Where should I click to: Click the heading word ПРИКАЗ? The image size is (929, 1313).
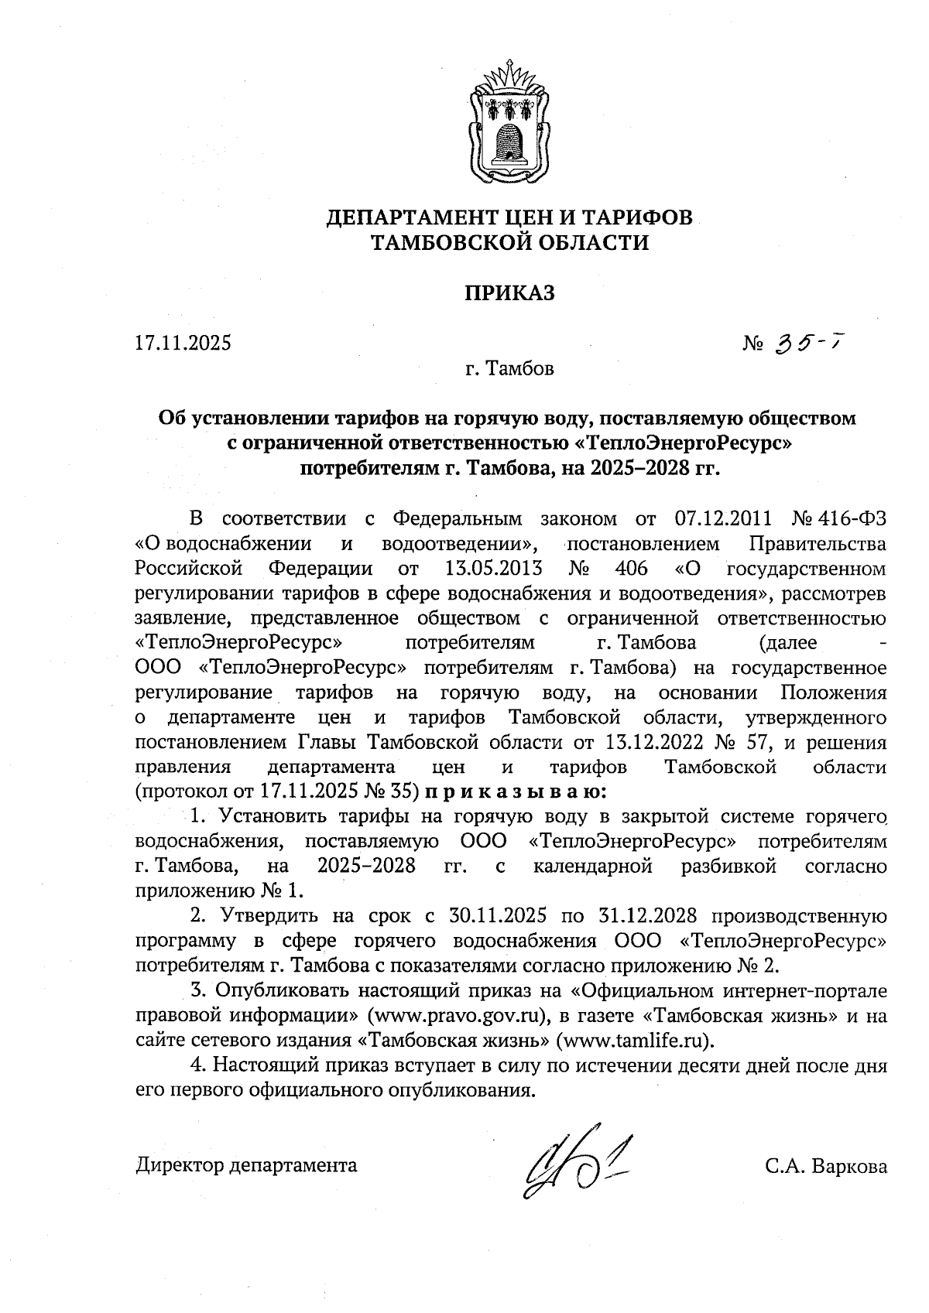509,293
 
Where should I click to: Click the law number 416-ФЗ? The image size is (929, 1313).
855,518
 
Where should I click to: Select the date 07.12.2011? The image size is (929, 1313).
723,518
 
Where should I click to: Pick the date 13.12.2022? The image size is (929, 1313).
650,743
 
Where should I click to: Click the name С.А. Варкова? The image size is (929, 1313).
825,1166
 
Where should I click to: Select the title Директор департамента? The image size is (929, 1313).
247,1165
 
